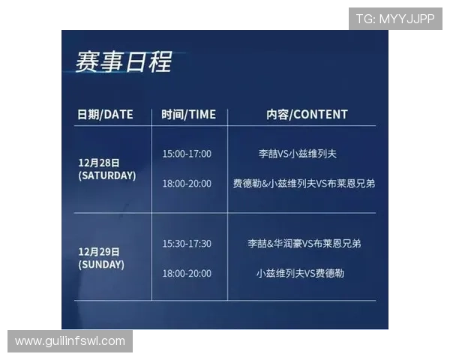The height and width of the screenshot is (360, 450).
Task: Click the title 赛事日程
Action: tap(124, 61)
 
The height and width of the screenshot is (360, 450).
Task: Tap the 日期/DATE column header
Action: tap(105, 115)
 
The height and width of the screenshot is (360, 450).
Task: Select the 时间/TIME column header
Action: tap(188, 115)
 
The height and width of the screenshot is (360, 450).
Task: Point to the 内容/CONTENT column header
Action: tap(307, 115)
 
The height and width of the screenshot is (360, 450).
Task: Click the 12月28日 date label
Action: tap(99, 163)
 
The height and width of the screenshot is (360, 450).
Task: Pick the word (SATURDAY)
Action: tap(107, 175)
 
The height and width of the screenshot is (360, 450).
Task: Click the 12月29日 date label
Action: tap(99, 252)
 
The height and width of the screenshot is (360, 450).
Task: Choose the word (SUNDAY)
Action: tap(101, 265)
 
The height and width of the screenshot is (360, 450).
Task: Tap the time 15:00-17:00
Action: tap(187, 154)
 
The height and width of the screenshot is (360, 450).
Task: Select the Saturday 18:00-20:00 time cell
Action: tap(187, 184)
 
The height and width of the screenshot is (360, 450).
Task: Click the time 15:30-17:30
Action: tap(187, 244)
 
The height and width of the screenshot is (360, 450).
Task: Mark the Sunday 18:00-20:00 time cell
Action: tap(187, 273)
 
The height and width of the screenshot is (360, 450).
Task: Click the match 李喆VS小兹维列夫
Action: tap(297, 154)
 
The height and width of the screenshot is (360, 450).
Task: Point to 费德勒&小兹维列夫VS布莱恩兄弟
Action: tap(304, 184)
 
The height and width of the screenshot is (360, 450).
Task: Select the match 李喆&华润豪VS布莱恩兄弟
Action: tap(304, 244)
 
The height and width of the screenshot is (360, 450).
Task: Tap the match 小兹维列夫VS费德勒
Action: tap(300, 273)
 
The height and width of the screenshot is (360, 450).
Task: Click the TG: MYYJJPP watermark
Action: tap(395, 19)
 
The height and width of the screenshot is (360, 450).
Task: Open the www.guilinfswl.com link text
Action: tap(70, 341)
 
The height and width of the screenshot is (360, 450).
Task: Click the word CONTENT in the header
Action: tap(320, 115)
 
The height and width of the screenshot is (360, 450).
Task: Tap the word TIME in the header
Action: tap(202, 115)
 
